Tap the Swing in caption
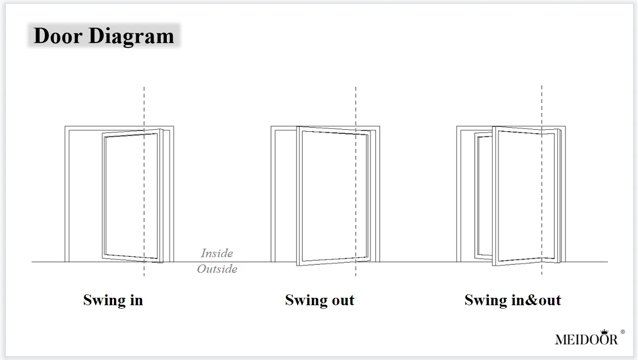click(113, 300)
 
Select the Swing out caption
click(320, 300)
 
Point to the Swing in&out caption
click(513, 300)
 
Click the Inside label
click(217, 253)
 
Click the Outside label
click(217, 269)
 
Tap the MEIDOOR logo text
click(586, 339)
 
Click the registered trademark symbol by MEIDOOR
click(622, 332)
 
